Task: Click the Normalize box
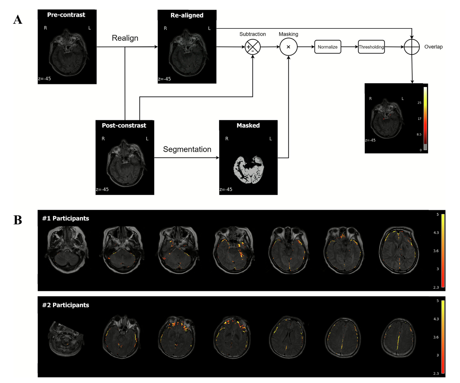coord(327,47)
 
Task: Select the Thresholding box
coord(371,47)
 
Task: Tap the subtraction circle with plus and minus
coord(252,47)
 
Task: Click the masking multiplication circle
coord(288,47)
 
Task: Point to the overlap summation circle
coord(412,47)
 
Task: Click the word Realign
coord(125,38)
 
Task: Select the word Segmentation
coord(187,149)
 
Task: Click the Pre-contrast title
coord(66,15)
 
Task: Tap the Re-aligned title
coord(187,15)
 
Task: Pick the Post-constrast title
coord(124,125)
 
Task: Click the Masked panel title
coord(248,125)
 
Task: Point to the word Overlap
coord(433,47)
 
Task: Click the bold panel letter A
coord(18,20)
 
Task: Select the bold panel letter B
coord(18,220)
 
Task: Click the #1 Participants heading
coord(65,218)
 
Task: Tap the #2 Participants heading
coord(65,305)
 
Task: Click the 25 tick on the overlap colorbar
coord(419,103)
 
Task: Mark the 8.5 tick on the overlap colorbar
coord(419,134)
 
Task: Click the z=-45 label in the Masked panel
coord(226,189)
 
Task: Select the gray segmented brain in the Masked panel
coord(249,169)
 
